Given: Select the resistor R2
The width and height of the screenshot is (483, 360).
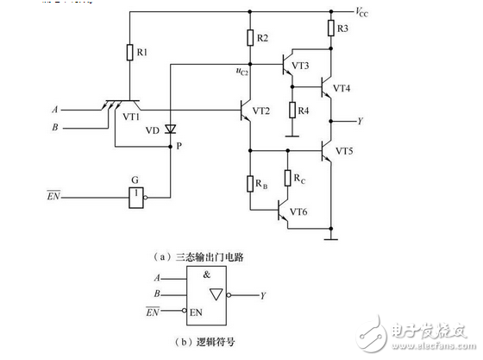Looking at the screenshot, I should [x=249, y=37].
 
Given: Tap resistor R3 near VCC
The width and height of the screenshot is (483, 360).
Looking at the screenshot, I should [x=331, y=30].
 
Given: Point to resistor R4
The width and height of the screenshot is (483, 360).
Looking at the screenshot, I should [x=292, y=111].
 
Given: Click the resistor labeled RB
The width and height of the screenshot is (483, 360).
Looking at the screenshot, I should [x=249, y=182].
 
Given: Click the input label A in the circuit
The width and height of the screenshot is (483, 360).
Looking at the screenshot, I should [x=56, y=111].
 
